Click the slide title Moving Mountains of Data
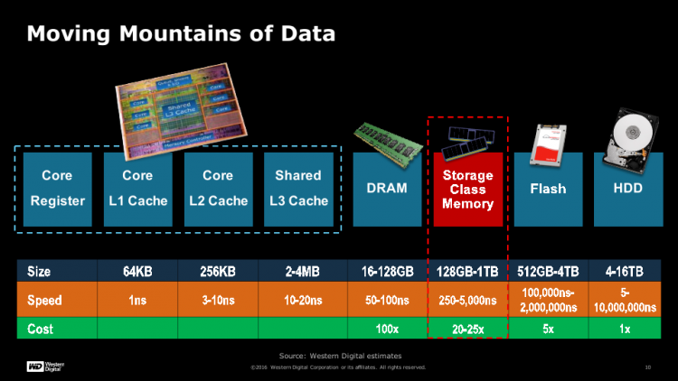pos(181,33)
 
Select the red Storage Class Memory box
pos(467,190)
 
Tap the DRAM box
pos(388,189)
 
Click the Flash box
pos(548,189)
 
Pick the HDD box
pos(627,189)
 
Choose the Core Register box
pos(57,189)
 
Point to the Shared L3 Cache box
pos(298,189)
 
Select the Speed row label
pos(44,300)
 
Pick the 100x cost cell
pos(387,327)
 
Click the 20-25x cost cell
pos(467,327)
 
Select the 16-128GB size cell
pos(387,270)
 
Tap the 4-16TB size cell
pos(627,270)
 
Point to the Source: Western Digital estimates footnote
pos(339,356)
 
